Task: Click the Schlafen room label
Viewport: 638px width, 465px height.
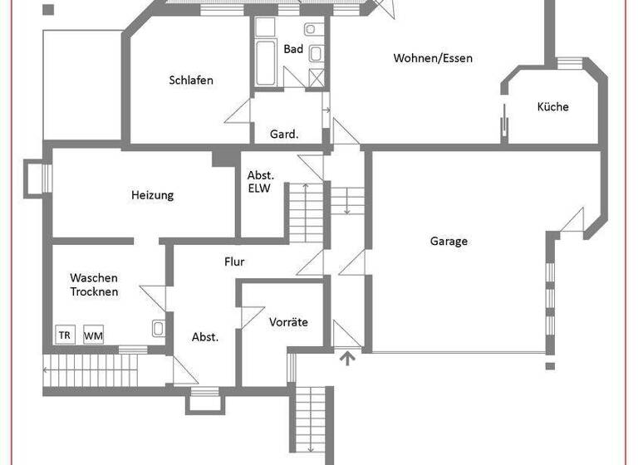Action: click(x=191, y=81)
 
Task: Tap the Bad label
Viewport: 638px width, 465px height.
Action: click(x=293, y=50)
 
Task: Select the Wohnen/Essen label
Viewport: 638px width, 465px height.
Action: click(x=433, y=58)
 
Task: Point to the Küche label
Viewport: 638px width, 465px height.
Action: click(x=552, y=107)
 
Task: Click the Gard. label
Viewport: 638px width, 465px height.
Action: click(x=284, y=134)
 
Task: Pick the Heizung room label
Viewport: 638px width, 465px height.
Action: click(x=152, y=196)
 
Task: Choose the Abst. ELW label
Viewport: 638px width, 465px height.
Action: click(x=261, y=182)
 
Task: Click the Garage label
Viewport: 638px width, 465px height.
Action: click(x=449, y=242)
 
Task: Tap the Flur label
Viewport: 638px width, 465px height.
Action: click(x=234, y=262)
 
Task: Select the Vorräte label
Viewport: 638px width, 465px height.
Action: click(x=289, y=321)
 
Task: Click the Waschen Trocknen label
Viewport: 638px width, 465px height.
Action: click(x=94, y=285)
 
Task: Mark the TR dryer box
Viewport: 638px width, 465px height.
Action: click(x=65, y=335)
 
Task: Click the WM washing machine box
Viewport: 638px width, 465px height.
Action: click(x=93, y=335)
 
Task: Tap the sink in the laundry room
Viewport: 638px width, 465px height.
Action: click(x=158, y=329)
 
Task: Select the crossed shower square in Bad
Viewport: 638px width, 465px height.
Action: click(x=317, y=78)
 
